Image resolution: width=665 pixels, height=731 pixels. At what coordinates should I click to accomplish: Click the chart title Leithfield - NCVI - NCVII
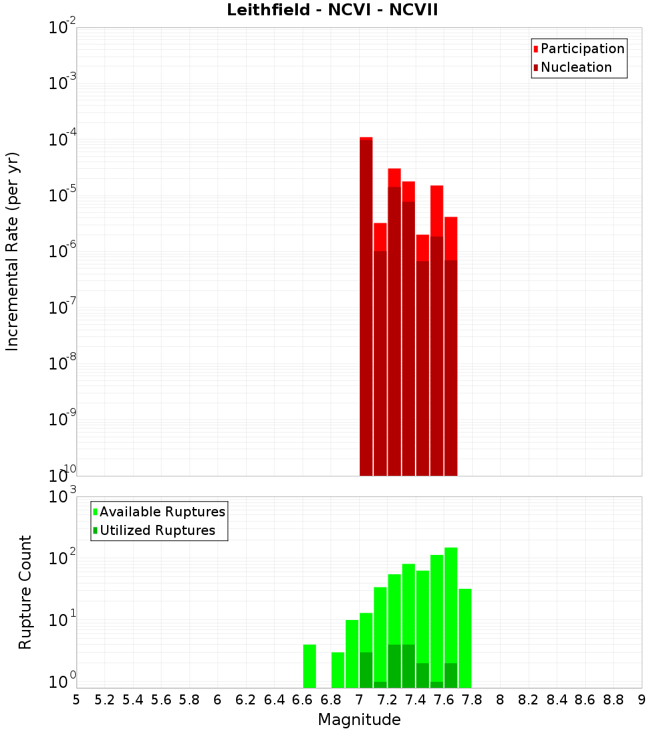click(332, 11)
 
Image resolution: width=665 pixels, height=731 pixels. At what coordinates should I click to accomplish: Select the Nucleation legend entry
click(576, 67)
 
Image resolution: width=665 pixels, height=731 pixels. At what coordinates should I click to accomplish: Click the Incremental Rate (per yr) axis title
click(13, 251)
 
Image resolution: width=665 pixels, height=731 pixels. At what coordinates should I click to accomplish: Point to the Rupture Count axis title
click(25, 592)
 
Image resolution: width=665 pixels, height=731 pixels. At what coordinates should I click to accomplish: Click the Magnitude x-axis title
click(359, 720)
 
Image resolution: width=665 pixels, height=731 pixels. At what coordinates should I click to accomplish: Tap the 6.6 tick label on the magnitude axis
click(303, 700)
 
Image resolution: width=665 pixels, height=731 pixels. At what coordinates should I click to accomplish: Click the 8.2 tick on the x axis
click(529, 700)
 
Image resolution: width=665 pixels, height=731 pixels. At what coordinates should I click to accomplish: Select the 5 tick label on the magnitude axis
click(76, 700)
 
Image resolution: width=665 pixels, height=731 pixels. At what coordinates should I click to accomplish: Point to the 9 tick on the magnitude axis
click(641, 700)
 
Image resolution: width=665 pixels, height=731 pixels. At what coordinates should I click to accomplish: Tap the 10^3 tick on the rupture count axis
click(63, 496)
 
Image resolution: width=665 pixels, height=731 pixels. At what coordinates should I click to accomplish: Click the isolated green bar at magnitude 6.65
click(309, 666)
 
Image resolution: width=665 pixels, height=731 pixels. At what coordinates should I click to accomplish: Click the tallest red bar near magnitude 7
click(366, 306)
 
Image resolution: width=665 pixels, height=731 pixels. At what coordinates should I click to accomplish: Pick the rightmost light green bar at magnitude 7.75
click(465, 638)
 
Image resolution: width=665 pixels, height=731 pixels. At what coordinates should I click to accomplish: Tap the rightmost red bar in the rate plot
click(451, 346)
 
